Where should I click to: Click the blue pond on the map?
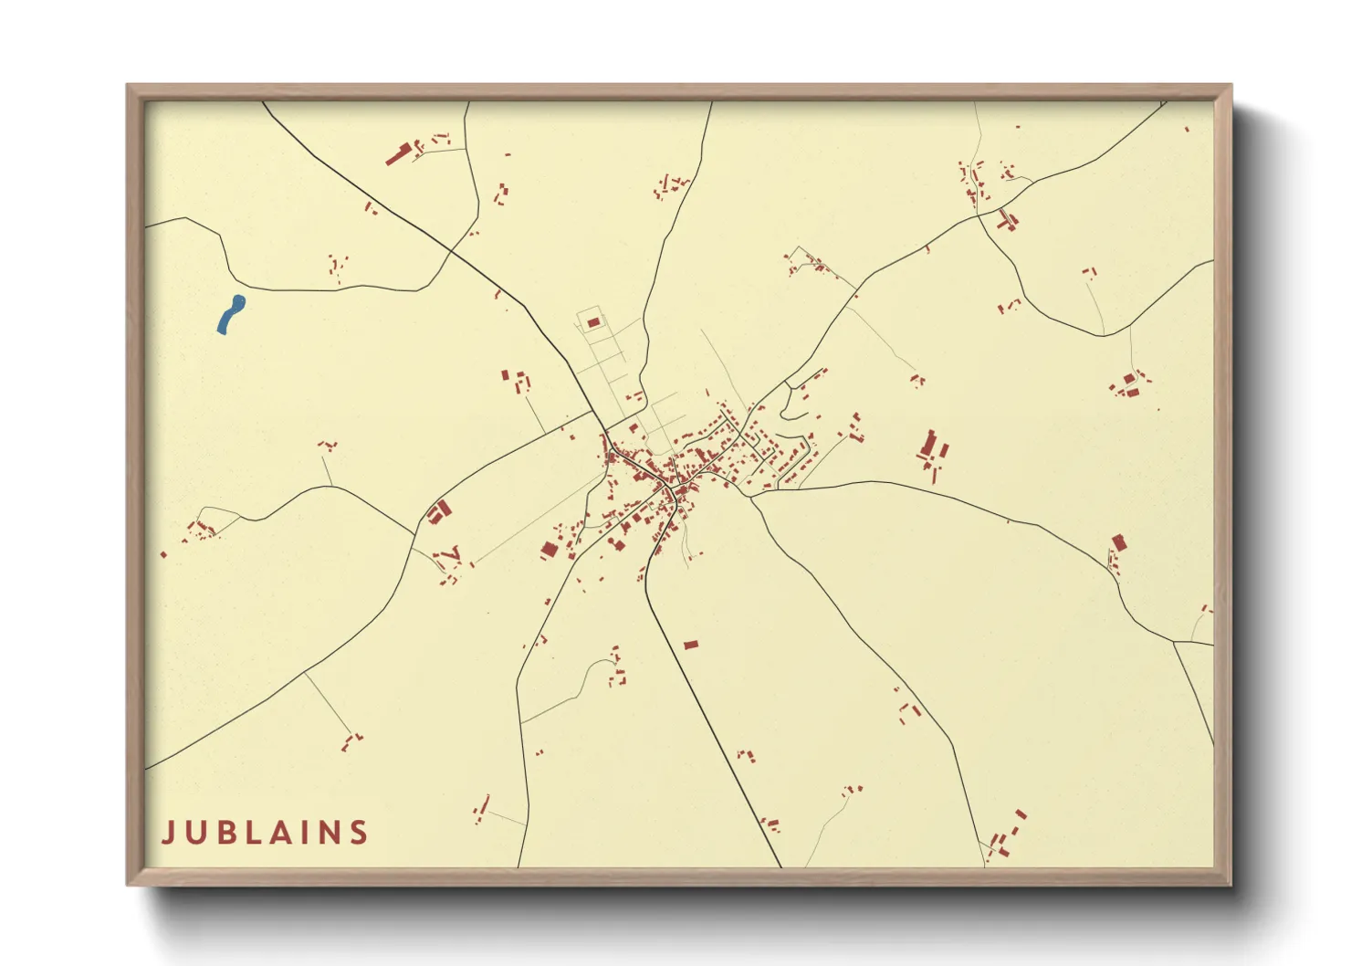click(x=231, y=314)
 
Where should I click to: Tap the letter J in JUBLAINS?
click(x=168, y=833)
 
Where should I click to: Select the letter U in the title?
click(x=194, y=833)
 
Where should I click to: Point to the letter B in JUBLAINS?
click(x=222, y=833)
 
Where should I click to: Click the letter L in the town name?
click(x=247, y=833)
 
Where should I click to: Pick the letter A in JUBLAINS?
click(x=275, y=833)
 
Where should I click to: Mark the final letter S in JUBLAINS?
click(x=358, y=833)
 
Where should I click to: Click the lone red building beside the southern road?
click(x=691, y=645)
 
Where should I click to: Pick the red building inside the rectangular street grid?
click(x=593, y=322)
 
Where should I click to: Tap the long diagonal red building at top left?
click(x=397, y=154)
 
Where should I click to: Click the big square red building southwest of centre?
click(x=549, y=550)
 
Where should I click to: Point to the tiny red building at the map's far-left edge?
click(x=163, y=554)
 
